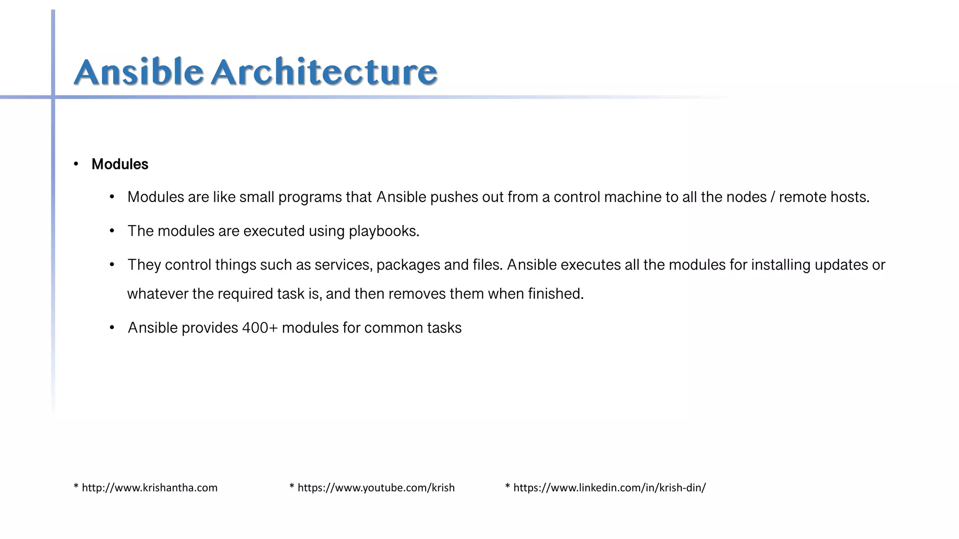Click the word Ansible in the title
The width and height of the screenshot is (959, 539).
pyautogui.click(x=139, y=72)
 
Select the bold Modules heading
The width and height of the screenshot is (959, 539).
pyautogui.click(x=120, y=164)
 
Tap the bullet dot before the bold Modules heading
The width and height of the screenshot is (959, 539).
pyautogui.click(x=76, y=164)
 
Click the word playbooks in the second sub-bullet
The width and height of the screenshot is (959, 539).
pyautogui.click(x=384, y=231)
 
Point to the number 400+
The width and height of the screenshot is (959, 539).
pyautogui.click(x=260, y=328)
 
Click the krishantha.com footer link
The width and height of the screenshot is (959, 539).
pyautogui.click(x=149, y=488)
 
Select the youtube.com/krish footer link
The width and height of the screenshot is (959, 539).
pyautogui.click(x=376, y=488)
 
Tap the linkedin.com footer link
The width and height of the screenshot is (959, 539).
pyautogui.click(x=609, y=488)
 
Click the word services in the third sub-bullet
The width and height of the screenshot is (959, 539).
pyautogui.click(x=343, y=265)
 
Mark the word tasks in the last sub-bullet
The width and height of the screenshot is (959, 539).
pyautogui.click(x=444, y=328)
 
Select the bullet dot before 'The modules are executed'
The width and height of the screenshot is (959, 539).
pyautogui.click(x=112, y=231)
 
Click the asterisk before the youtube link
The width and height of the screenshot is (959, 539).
pyautogui.click(x=292, y=487)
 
